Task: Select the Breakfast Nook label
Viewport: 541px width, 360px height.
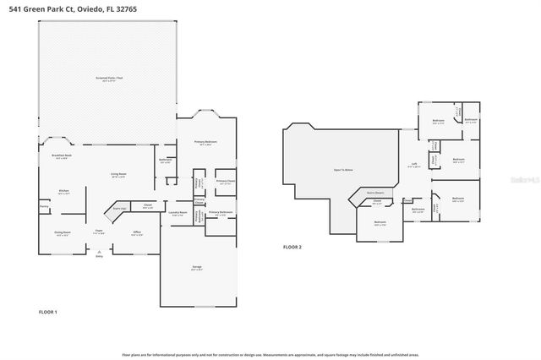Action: click(x=60, y=156)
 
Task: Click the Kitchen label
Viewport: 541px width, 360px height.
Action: click(x=63, y=192)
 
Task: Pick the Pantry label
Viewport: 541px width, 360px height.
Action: click(x=44, y=205)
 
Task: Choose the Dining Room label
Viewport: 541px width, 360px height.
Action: click(x=63, y=234)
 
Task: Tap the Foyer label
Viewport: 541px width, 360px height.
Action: click(x=99, y=232)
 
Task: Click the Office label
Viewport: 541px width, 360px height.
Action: click(x=136, y=232)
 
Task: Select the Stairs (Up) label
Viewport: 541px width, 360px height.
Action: click(x=118, y=208)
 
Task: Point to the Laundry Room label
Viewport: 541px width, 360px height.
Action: click(x=177, y=212)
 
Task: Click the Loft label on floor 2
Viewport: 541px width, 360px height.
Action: click(x=414, y=165)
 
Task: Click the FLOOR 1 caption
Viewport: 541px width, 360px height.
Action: click(x=48, y=313)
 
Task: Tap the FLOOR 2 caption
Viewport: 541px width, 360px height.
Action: click(x=292, y=247)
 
